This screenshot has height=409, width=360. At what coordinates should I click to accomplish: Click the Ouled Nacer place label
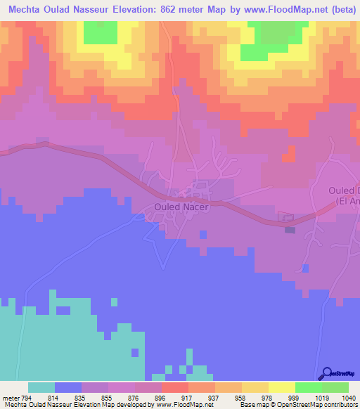tap(181, 207)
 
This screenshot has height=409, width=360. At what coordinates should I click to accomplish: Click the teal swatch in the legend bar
tap(41, 387)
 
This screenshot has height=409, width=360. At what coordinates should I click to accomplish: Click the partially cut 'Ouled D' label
tap(344, 190)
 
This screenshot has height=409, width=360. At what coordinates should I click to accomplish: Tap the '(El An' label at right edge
tap(347, 201)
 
